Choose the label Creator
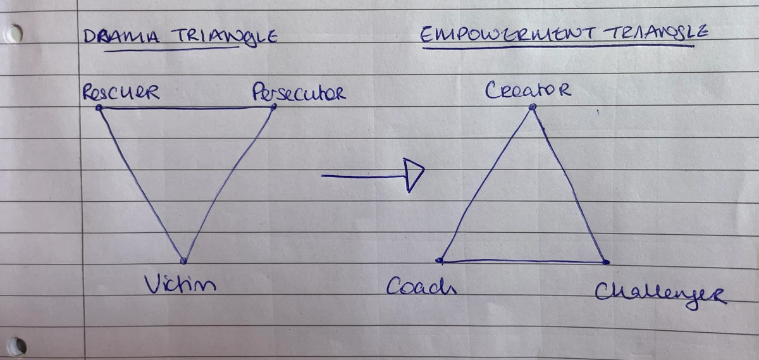pos(529,90)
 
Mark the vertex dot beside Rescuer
pos(99,108)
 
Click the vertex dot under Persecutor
pos(274,107)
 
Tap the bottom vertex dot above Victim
pos(183,260)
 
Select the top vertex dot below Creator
pos(533,108)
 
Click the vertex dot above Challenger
pos(606,261)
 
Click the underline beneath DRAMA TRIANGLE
pos(171,49)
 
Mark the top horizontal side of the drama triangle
pos(187,108)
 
